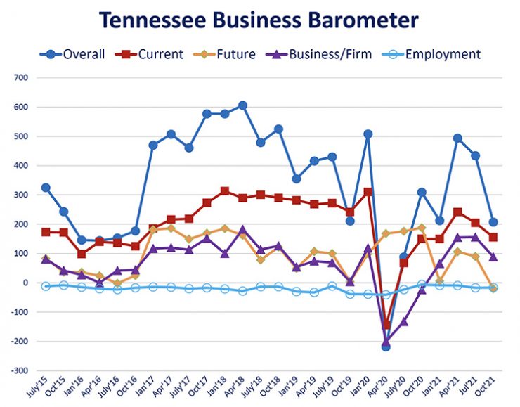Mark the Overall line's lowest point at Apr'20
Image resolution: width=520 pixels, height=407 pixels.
coord(386,347)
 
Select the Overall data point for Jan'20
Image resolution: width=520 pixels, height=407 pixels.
coord(368,134)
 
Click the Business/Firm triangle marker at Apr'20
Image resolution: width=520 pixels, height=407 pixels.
coord(386,342)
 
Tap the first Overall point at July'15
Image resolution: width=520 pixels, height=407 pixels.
coord(46,188)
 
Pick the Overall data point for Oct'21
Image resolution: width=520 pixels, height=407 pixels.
coord(493,222)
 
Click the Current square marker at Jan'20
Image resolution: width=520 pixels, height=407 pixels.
coord(368,192)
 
